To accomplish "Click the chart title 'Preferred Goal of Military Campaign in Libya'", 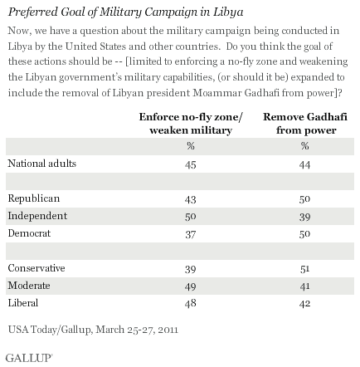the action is click(x=125, y=12).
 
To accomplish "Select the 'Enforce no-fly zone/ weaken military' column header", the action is click(x=191, y=124).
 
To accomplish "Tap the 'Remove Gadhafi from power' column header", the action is click(x=305, y=124).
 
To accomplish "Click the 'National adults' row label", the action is click(x=42, y=164).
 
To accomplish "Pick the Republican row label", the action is click(x=34, y=198).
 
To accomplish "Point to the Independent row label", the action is click(x=37, y=216).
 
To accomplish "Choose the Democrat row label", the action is click(x=29, y=233).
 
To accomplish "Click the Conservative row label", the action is click(x=36, y=268).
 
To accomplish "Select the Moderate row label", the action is click(x=29, y=286).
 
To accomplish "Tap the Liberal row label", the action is click(x=23, y=303).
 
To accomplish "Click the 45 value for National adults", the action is click(x=191, y=165).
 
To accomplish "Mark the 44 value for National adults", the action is click(x=304, y=165).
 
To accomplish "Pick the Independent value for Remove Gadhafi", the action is click(x=304, y=217).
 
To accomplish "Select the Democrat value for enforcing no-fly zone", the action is click(x=191, y=234).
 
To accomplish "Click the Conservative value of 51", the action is click(x=304, y=269).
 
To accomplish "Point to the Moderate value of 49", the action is click(x=191, y=286).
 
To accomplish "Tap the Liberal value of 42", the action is click(x=304, y=304).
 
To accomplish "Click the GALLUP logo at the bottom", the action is click(x=29, y=358).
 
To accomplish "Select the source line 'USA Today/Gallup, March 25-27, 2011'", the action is click(x=93, y=330).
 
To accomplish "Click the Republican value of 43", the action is click(x=191, y=199).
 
